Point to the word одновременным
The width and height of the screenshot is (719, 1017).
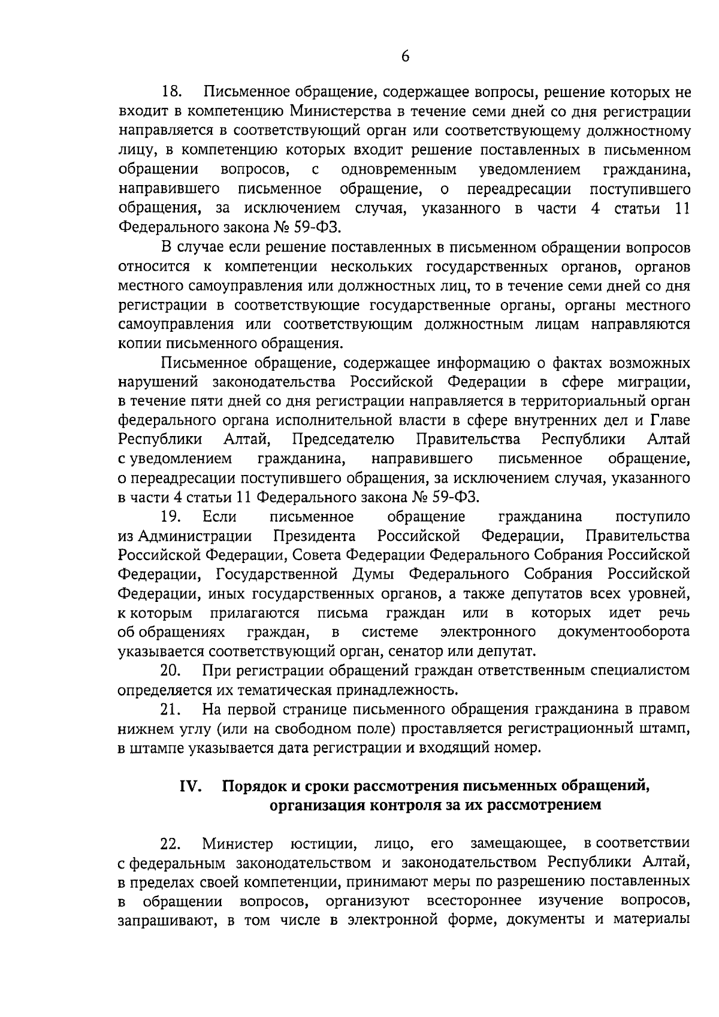pos(398,170)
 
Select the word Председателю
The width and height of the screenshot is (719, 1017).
pos(343,440)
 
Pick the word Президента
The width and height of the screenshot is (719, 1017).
pos(315,535)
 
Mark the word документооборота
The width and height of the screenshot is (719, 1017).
pos(623,632)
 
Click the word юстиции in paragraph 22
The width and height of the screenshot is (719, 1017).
pos(324,845)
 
